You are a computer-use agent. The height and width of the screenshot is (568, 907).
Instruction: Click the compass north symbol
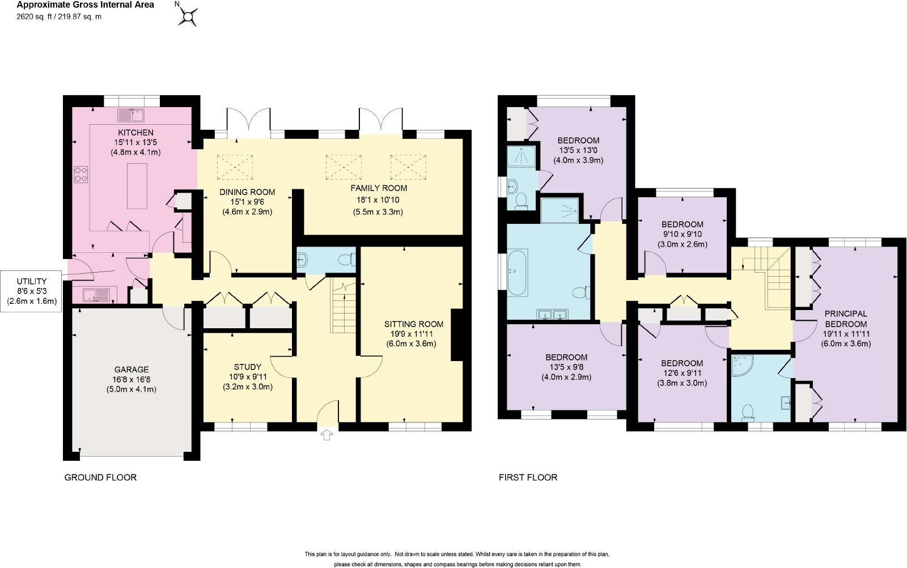(188, 16)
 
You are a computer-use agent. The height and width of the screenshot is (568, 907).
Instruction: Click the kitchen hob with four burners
(81, 174)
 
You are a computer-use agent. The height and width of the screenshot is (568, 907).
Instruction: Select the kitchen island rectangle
(137, 186)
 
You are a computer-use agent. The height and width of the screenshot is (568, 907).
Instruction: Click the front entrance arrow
(327, 435)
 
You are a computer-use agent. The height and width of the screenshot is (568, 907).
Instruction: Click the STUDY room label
(247, 367)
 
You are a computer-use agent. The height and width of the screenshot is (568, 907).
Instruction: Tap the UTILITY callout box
(31, 291)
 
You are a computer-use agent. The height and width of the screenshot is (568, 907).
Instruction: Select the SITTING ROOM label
(413, 324)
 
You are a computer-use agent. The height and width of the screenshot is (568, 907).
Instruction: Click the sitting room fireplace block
(457, 334)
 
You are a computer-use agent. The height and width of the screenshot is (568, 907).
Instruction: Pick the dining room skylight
(235, 167)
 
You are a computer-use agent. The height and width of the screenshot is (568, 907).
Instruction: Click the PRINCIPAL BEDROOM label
(846, 319)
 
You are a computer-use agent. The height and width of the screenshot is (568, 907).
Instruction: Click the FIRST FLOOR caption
(528, 477)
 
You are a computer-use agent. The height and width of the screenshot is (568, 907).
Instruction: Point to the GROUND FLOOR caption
(100, 477)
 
